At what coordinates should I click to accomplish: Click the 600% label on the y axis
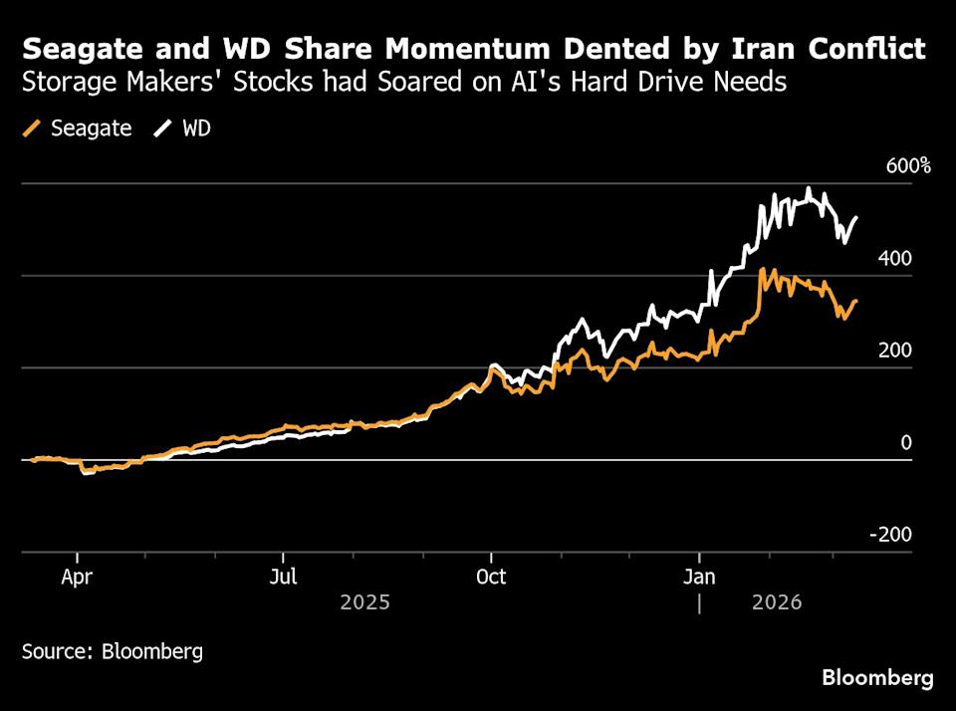pyautogui.click(x=908, y=166)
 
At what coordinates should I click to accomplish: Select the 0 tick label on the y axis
pyautogui.click(x=906, y=442)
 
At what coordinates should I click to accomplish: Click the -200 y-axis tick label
pyautogui.click(x=890, y=535)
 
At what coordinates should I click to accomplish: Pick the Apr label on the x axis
pyautogui.click(x=77, y=577)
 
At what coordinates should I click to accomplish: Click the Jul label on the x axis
pyautogui.click(x=284, y=577)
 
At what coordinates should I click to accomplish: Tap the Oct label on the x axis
pyautogui.click(x=491, y=577)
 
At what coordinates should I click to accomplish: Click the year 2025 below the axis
pyautogui.click(x=364, y=602)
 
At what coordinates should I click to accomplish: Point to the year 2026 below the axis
pyautogui.click(x=779, y=602)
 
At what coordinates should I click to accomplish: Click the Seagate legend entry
pyautogui.click(x=91, y=128)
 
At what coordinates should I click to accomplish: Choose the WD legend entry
pyautogui.click(x=196, y=128)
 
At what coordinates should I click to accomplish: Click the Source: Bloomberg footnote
pyautogui.click(x=113, y=652)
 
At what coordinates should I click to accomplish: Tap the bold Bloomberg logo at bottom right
pyautogui.click(x=877, y=678)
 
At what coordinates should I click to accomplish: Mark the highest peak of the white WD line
pyautogui.click(x=809, y=188)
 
